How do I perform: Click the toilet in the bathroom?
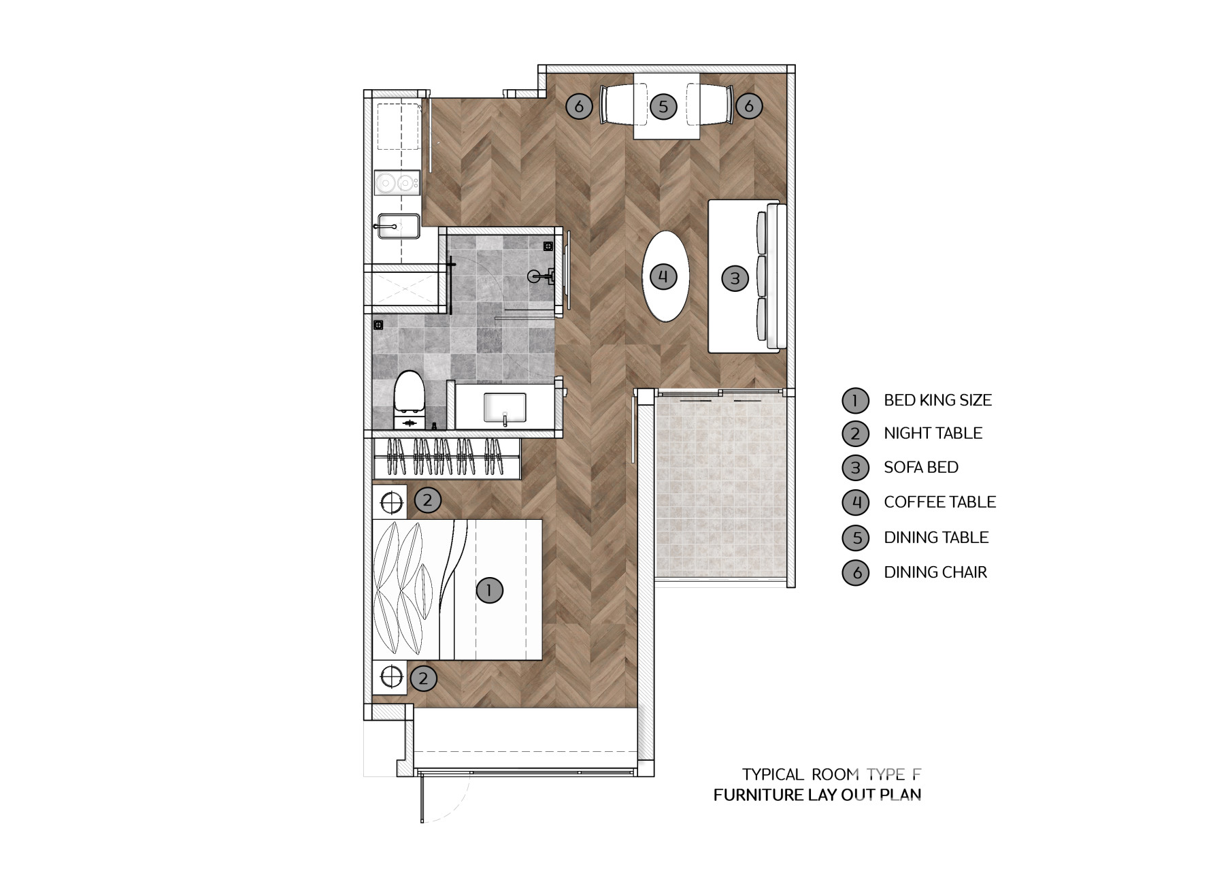point(410,400)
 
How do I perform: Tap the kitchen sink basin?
point(398,226)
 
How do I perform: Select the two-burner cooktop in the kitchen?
point(397,182)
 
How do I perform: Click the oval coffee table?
point(665,276)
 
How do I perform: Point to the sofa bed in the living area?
point(747,277)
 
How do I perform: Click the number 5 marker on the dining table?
point(663,106)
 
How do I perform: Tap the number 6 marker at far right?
point(749,105)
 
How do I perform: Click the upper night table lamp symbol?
point(391,502)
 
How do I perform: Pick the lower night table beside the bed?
point(390,677)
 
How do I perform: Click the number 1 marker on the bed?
point(489,590)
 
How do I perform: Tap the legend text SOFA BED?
point(921,467)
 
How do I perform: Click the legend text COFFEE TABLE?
point(939,502)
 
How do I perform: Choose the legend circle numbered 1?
point(855,400)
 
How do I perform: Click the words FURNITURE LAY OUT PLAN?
point(817,795)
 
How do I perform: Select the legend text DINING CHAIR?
point(935,572)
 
